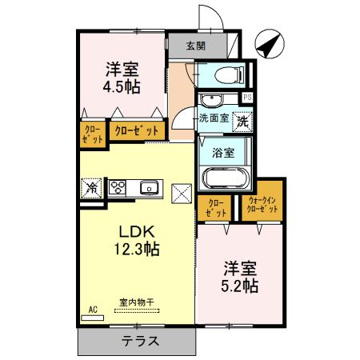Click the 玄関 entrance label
coord(196,46)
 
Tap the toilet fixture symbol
coord(229,74)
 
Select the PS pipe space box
coord(247,98)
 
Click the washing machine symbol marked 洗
coord(242,122)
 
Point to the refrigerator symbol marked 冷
coord(92,188)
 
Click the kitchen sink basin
coord(150,187)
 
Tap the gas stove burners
coord(118,187)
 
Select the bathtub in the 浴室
coord(226,178)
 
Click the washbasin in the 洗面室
coord(212,100)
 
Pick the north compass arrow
coord(270,44)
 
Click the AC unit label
coord(93,310)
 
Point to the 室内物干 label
coord(137,302)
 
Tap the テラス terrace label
coord(140,341)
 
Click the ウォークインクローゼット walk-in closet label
coord(262,205)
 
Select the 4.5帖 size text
coord(122,86)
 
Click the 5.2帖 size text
coord(239,286)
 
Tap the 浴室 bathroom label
coord(223,153)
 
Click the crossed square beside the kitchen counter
coord(182,194)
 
